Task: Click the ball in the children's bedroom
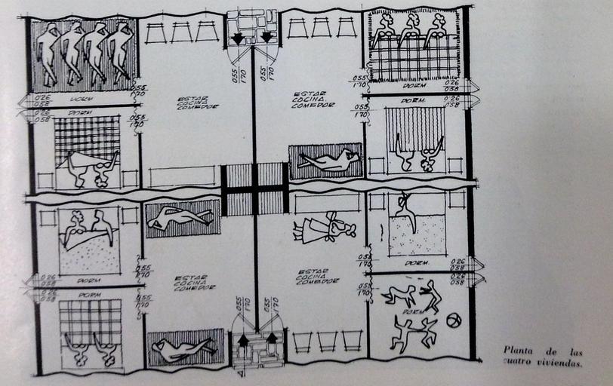(x=453, y=320)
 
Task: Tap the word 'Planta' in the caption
(x=519, y=351)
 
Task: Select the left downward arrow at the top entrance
(x=239, y=37)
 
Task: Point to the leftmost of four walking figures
(x=48, y=53)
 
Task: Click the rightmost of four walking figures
(x=121, y=53)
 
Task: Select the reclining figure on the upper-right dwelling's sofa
(x=328, y=161)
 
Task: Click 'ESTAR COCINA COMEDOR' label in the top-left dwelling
(x=198, y=103)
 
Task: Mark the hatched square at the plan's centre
(x=254, y=188)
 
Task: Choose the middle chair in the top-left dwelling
(x=180, y=32)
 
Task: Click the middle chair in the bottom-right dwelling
(x=327, y=341)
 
